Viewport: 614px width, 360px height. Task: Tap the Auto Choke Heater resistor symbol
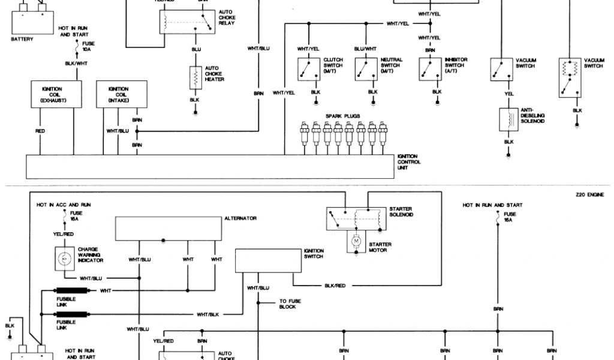point(195,76)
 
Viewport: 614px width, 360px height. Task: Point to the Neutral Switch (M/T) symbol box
point(366,68)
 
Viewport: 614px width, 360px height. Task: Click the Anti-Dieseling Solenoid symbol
point(508,119)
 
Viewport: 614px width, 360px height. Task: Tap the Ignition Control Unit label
point(409,162)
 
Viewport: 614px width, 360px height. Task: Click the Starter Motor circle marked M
point(356,241)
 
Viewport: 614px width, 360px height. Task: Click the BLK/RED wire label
point(335,286)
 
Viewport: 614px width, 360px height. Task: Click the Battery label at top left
point(22,39)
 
